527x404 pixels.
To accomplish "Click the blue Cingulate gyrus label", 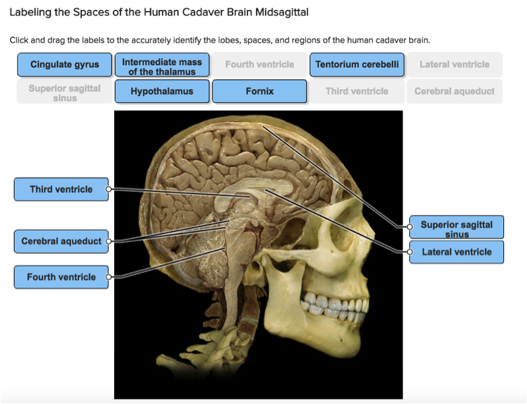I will [x=64, y=65].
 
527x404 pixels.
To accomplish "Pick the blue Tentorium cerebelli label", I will [x=357, y=65].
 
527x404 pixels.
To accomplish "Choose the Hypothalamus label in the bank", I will [x=162, y=91].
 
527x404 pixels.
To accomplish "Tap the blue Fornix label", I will [x=259, y=91].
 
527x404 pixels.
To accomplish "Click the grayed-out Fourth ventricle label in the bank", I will [x=259, y=65].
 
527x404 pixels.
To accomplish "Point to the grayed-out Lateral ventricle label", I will [x=454, y=65].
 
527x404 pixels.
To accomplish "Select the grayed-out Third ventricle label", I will [x=357, y=91].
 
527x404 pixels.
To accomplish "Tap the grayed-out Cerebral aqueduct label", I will [x=454, y=91].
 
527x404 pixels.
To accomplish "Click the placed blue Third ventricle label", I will [x=60, y=189].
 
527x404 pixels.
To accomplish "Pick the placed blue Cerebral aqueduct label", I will [x=60, y=241].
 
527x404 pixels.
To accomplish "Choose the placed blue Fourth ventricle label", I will [x=60, y=277].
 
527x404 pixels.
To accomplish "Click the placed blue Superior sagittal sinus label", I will [x=457, y=227].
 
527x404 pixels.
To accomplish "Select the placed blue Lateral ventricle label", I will [x=457, y=252].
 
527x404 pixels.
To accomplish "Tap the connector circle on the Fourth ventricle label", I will [x=109, y=277].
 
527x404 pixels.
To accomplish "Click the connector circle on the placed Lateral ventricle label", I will [x=410, y=251].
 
